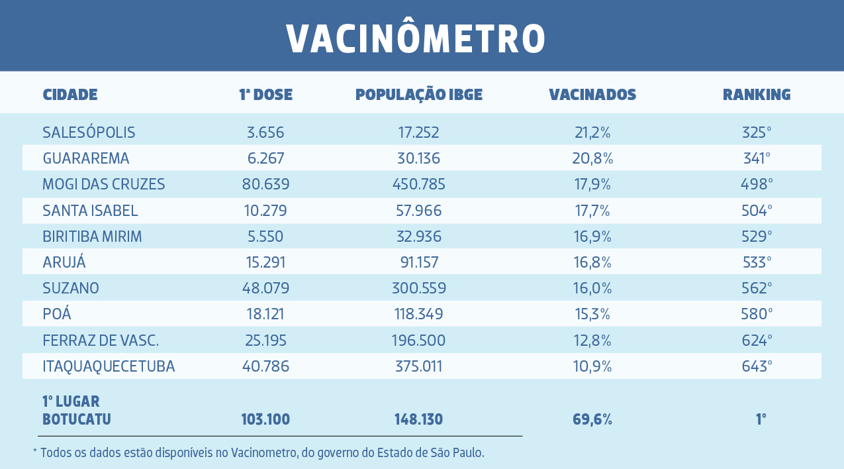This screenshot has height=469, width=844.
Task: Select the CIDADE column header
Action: pos(70,95)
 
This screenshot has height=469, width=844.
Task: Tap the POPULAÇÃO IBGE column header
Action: pos(419,95)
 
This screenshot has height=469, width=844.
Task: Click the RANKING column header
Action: pos(757,95)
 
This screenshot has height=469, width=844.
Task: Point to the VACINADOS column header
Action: pos(592,95)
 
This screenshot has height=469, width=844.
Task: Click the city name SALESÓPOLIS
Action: pos(89,132)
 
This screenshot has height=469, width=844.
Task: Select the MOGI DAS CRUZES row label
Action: pos(104,184)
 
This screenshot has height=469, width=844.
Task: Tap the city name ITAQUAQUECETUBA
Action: pos(109,366)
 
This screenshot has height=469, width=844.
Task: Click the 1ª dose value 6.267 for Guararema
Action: pos(265,158)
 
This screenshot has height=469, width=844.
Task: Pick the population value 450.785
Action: pos(418,184)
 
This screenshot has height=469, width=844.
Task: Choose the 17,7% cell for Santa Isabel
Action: pos(592,211)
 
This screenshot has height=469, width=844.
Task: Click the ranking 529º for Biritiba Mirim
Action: pos(757,236)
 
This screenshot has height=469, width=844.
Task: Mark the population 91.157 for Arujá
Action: pos(419,262)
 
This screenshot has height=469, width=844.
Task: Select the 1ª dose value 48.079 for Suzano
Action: pos(265,288)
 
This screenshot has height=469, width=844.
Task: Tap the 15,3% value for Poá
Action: pos(592,314)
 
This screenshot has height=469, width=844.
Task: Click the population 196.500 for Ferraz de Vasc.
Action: pos(418,340)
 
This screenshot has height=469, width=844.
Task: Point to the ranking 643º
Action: pos(757,366)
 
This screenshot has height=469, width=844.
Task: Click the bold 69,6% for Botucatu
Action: pos(592,419)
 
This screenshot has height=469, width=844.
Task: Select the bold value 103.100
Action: pos(265,419)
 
